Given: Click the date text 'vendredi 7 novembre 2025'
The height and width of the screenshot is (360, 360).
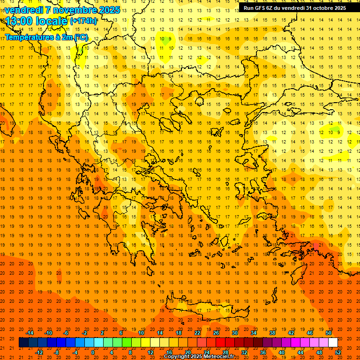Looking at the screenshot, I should pos(62,10).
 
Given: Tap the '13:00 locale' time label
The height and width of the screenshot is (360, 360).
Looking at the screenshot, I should pos(37,21).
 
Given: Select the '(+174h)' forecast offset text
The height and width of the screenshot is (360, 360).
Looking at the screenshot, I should pos(83,21).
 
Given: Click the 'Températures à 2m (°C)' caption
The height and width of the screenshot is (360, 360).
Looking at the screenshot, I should pos(46,37).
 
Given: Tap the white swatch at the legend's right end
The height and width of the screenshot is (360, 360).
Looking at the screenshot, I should pos(333,343).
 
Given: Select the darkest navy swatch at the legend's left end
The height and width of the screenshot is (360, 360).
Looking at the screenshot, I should pos(24,343).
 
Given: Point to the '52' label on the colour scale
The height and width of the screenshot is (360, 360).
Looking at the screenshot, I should pos(338,352).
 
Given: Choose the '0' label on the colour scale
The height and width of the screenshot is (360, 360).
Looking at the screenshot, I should pos(93,352).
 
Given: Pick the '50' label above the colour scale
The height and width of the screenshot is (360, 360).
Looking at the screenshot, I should pos(328,333).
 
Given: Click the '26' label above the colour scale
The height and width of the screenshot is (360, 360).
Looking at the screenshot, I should pos(216,333).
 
